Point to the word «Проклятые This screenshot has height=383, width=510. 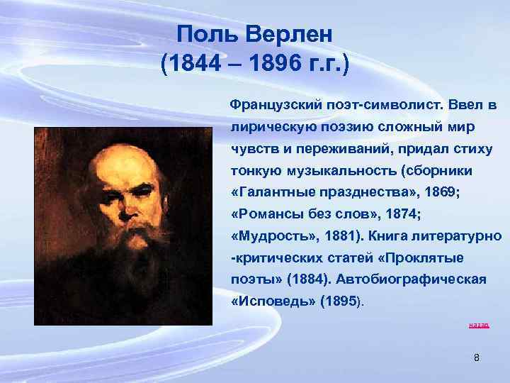point(426,257)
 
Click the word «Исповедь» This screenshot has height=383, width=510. point(273,301)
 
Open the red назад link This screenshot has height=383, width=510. point(479,326)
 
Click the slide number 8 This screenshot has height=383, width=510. point(476,358)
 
